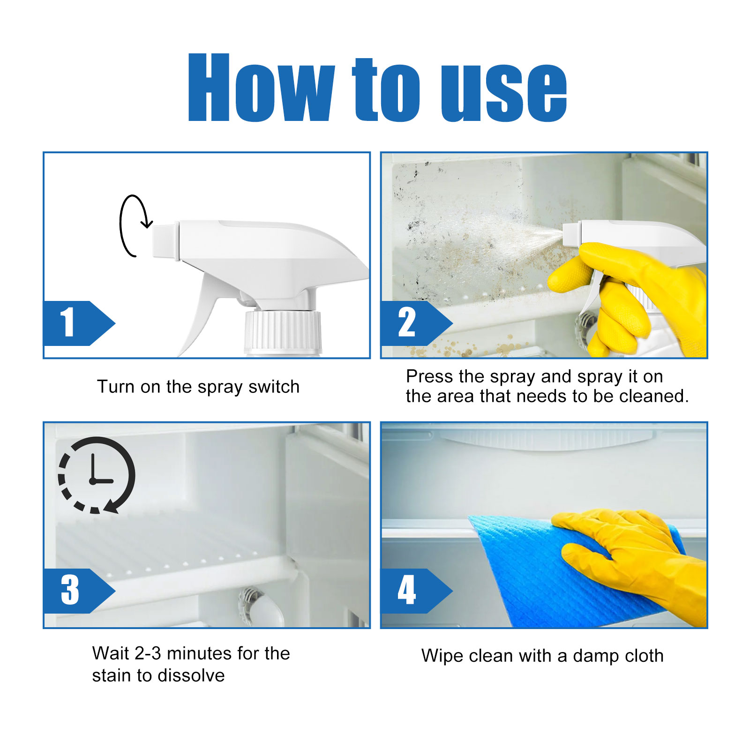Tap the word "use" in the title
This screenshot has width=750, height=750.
(x=504, y=91)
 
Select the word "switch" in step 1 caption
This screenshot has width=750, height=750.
(x=274, y=387)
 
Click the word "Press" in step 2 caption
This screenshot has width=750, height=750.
(x=429, y=376)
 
